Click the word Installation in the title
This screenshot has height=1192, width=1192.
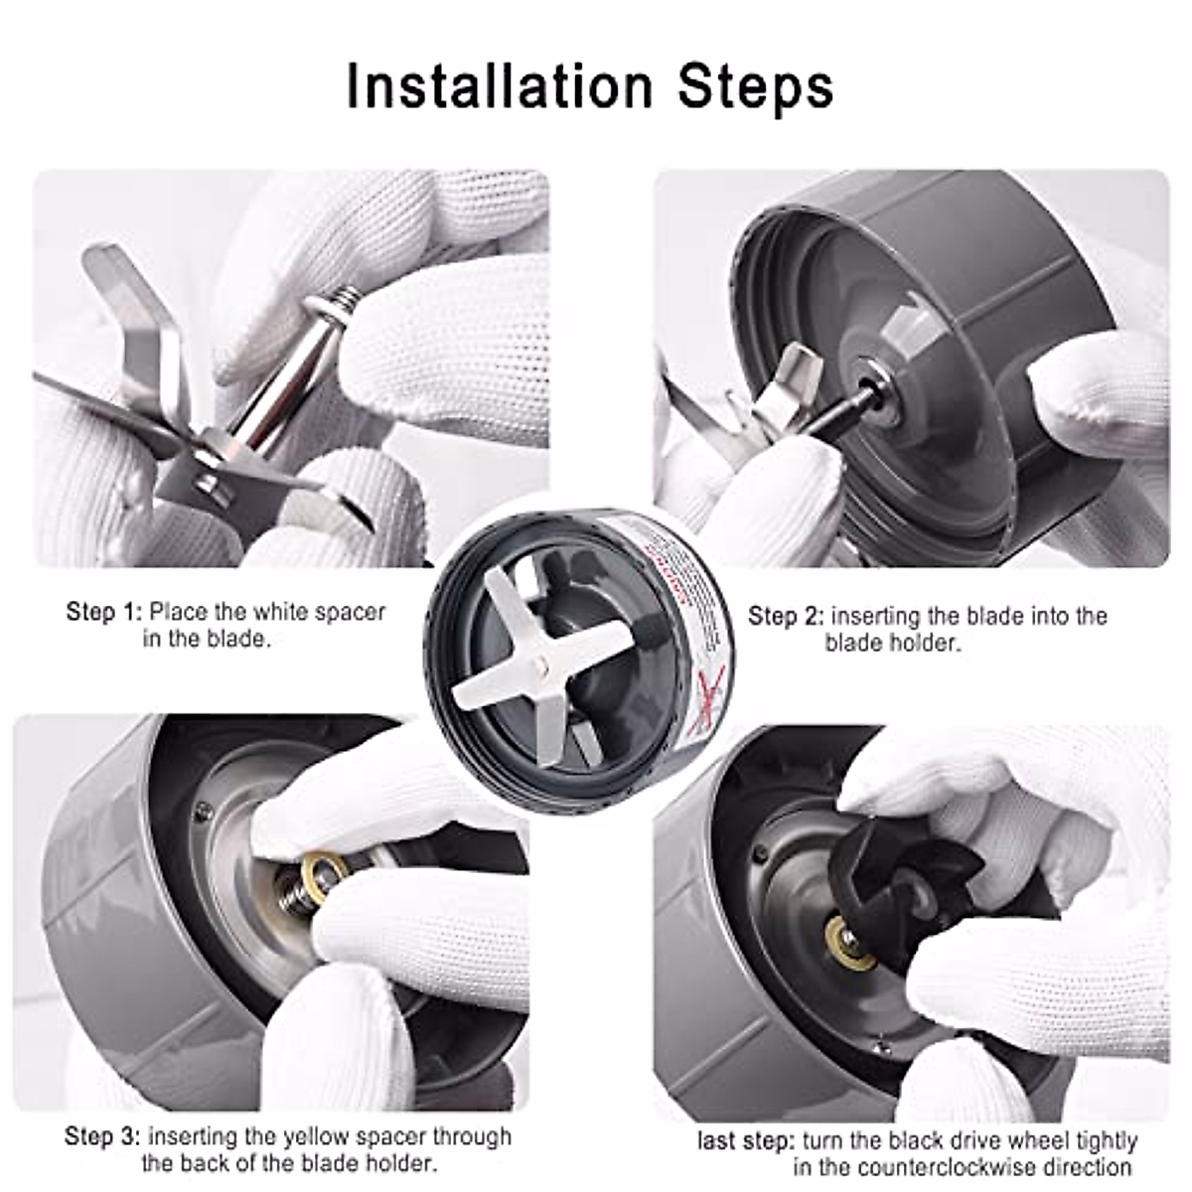coord(502,87)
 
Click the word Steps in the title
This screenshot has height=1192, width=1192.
coord(756,87)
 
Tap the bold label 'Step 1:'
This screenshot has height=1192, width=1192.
coord(104,612)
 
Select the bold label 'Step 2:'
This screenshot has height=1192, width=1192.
coord(786,617)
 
